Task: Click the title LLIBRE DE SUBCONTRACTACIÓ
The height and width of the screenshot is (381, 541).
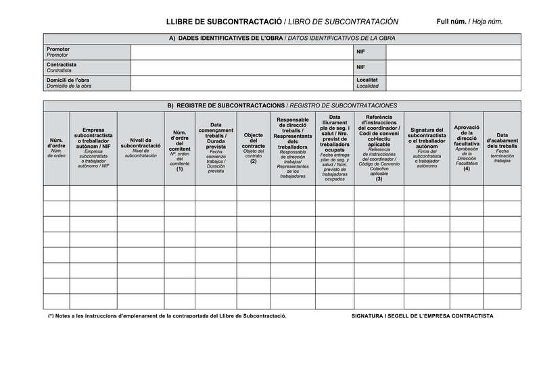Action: (224, 22)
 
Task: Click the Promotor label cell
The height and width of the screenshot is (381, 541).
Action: (87, 53)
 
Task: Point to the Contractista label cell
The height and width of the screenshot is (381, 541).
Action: (87, 68)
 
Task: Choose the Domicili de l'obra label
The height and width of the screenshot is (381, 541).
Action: (87, 83)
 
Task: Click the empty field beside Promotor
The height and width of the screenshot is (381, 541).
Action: (241, 53)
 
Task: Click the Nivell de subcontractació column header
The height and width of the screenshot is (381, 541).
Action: (141, 147)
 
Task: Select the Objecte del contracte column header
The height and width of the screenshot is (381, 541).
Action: (253, 147)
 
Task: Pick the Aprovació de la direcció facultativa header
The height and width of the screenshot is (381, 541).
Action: (467, 147)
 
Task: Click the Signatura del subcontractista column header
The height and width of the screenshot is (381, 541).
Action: (427, 147)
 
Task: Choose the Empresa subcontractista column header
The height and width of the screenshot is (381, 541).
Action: (93, 147)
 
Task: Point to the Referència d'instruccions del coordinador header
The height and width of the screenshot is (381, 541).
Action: (379, 147)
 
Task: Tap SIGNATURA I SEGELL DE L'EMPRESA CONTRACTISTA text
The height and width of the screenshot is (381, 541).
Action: (423, 316)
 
